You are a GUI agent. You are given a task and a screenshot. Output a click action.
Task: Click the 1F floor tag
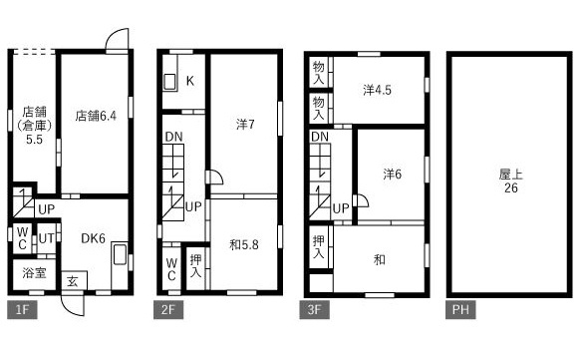click(22, 310)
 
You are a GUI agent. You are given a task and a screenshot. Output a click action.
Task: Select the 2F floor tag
click(168, 310)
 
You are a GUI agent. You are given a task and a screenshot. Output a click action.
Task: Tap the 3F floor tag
click(314, 310)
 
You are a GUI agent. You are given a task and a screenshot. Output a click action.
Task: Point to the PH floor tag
click(460, 310)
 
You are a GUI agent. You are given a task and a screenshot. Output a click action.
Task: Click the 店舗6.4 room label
click(96, 116)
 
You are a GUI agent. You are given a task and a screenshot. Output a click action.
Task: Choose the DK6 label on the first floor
click(93, 238)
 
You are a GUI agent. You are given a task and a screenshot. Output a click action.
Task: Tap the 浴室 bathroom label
click(34, 273)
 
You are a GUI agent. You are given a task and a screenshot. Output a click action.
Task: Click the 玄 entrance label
click(72, 281)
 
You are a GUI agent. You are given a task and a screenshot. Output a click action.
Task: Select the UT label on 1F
click(47, 238)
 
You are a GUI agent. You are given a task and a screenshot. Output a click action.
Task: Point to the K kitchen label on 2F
click(190, 81)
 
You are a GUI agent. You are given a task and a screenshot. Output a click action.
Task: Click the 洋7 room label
click(245, 124)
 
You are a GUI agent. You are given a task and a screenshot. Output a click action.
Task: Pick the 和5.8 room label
click(244, 244)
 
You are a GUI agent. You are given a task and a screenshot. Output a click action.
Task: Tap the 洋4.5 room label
click(377, 90)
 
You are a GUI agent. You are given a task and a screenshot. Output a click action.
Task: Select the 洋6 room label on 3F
click(393, 174)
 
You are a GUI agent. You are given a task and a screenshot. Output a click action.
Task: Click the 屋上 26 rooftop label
click(511, 180)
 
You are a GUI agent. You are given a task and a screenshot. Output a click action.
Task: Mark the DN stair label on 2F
click(174, 137)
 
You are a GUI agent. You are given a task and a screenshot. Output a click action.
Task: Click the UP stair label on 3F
click(341, 208)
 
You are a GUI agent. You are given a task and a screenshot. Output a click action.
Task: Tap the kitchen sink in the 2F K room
click(170, 82)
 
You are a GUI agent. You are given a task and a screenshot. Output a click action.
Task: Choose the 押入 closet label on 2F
click(195, 266)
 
